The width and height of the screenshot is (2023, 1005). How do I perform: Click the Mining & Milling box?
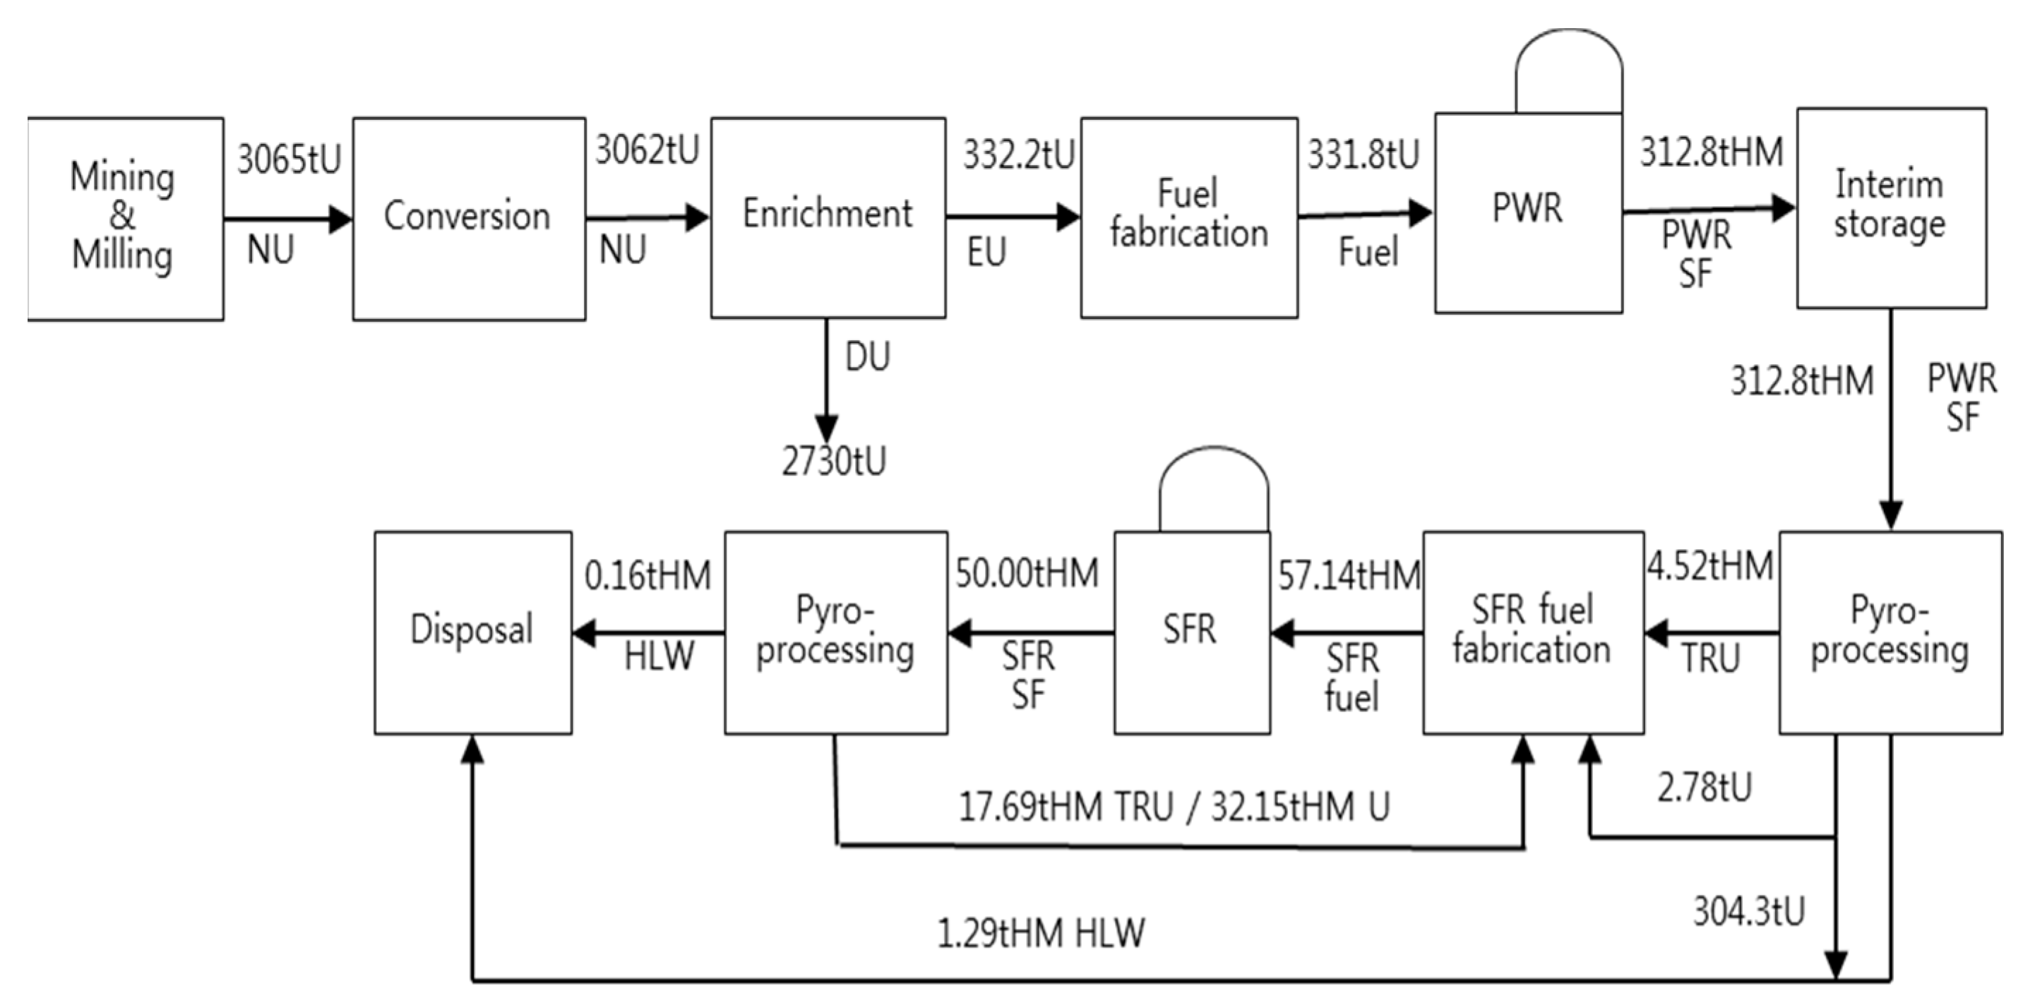(x=124, y=217)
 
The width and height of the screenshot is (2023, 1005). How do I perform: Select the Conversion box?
(x=468, y=217)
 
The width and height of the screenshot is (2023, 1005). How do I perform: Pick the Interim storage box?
(x=1891, y=207)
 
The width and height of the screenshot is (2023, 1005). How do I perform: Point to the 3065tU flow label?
(x=289, y=160)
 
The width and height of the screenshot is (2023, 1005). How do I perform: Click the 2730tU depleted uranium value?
(x=833, y=462)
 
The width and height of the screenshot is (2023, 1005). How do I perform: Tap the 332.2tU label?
(x=1018, y=155)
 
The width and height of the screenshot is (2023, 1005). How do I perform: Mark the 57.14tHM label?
(x=1349, y=575)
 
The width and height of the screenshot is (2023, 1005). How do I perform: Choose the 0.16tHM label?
(x=647, y=575)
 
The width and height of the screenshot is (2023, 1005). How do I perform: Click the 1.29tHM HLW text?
(x=1041, y=934)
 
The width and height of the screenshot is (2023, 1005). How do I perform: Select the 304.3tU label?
(x=1749, y=913)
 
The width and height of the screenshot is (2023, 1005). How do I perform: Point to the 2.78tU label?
(x=1704, y=788)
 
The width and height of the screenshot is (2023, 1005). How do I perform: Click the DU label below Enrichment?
(x=867, y=358)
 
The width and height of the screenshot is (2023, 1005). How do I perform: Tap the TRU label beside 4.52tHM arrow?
(x=1710, y=658)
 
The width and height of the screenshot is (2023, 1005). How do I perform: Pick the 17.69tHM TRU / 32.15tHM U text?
(x=1174, y=807)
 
